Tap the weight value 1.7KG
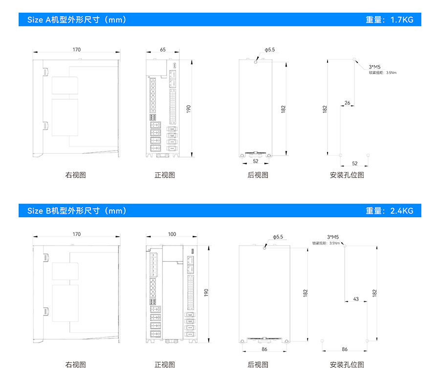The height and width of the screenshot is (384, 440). [389, 20]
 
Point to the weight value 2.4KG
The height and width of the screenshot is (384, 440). [389, 211]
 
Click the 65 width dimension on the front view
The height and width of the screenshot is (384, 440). [163, 49]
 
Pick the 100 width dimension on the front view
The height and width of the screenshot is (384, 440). [172, 234]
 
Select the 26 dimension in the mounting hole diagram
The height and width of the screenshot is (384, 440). [347, 103]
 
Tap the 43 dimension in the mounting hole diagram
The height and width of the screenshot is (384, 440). [355, 299]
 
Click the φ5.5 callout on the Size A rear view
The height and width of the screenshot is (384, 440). [270, 50]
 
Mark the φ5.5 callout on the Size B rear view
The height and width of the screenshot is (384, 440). [277, 237]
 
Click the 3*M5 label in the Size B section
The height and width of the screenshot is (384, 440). [333, 237]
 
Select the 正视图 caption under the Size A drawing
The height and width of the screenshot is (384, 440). [165, 175]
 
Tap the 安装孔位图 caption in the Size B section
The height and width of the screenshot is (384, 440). [347, 364]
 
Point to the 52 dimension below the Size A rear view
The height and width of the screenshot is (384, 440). [256, 160]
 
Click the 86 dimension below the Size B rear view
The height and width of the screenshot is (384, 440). [264, 349]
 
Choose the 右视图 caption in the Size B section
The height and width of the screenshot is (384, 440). [76, 364]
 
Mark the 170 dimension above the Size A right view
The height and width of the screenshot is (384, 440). [77, 49]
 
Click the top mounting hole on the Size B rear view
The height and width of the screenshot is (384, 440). [264, 248]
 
